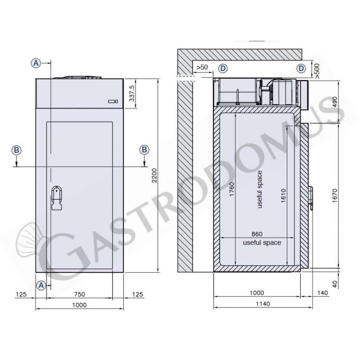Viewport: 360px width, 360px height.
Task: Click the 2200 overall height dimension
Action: (154, 175)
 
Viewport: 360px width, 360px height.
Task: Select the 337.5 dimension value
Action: (132, 94)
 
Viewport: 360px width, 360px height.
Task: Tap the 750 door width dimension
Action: (80, 294)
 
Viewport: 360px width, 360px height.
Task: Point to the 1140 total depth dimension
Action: (263, 304)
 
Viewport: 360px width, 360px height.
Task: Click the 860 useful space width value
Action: (257, 234)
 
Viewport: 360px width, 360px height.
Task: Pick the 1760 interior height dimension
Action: (232, 189)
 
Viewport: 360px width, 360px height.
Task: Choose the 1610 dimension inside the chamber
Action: (283, 196)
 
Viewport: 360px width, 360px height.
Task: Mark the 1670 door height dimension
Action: (335, 196)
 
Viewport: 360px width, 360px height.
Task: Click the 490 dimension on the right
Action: (335, 102)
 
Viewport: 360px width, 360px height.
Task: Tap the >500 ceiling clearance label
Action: (317, 71)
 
